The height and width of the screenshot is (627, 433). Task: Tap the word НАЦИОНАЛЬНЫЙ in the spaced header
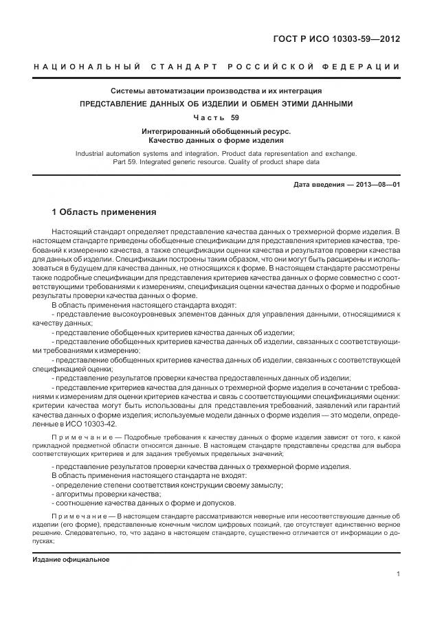point(87,66)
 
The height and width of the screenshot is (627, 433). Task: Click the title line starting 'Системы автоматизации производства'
point(216,91)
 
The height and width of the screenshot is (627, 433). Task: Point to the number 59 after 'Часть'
point(235,117)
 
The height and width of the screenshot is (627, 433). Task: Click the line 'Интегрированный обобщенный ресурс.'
point(216,130)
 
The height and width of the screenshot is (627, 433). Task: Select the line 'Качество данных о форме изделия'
point(216,140)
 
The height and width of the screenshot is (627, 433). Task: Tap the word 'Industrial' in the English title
point(93,154)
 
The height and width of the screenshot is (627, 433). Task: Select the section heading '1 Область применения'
point(104,212)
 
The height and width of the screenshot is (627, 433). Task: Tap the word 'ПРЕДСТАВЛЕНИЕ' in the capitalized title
point(115,104)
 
